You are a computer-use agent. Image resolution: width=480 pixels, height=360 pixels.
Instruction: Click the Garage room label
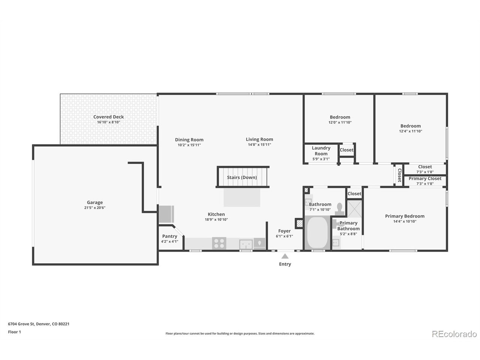[x=95, y=202]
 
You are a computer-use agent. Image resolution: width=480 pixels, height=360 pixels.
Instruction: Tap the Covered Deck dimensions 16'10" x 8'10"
[x=108, y=122]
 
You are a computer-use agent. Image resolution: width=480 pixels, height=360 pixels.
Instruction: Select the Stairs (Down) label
[x=242, y=177]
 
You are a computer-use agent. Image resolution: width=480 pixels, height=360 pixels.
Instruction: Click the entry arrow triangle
[x=285, y=256]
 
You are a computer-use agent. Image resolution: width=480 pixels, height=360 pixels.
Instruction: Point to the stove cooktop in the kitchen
[x=219, y=243]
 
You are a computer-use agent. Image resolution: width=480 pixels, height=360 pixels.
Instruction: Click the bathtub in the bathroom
[x=317, y=232]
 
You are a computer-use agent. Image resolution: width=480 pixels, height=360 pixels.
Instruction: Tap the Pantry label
[x=169, y=236]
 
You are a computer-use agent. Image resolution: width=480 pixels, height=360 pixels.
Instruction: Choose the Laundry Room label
[x=321, y=151]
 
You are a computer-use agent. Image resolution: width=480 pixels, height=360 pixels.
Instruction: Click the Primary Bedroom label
[x=405, y=216]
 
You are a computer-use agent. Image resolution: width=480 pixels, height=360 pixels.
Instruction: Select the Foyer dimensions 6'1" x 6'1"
[x=284, y=236]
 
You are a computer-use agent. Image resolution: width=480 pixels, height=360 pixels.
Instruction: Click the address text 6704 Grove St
[x=21, y=324]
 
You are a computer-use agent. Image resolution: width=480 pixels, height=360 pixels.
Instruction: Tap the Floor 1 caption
[x=14, y=332]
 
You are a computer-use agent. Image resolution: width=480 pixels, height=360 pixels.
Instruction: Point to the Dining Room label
[x=189, y=139]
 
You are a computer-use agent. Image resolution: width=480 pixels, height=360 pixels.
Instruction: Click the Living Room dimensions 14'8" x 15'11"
[x=259, y=144]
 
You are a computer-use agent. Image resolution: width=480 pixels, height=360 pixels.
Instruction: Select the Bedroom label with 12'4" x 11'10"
[x=411, y=126]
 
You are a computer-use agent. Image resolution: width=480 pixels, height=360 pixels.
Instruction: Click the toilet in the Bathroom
[x=339, y=209]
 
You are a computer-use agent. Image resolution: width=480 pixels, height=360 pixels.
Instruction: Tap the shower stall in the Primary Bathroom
[x=354, y=209]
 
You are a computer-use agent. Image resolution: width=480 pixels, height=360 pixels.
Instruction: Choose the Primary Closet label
[x=425, y=178]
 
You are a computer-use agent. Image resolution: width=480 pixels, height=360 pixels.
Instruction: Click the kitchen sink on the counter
[x=246, y=244]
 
